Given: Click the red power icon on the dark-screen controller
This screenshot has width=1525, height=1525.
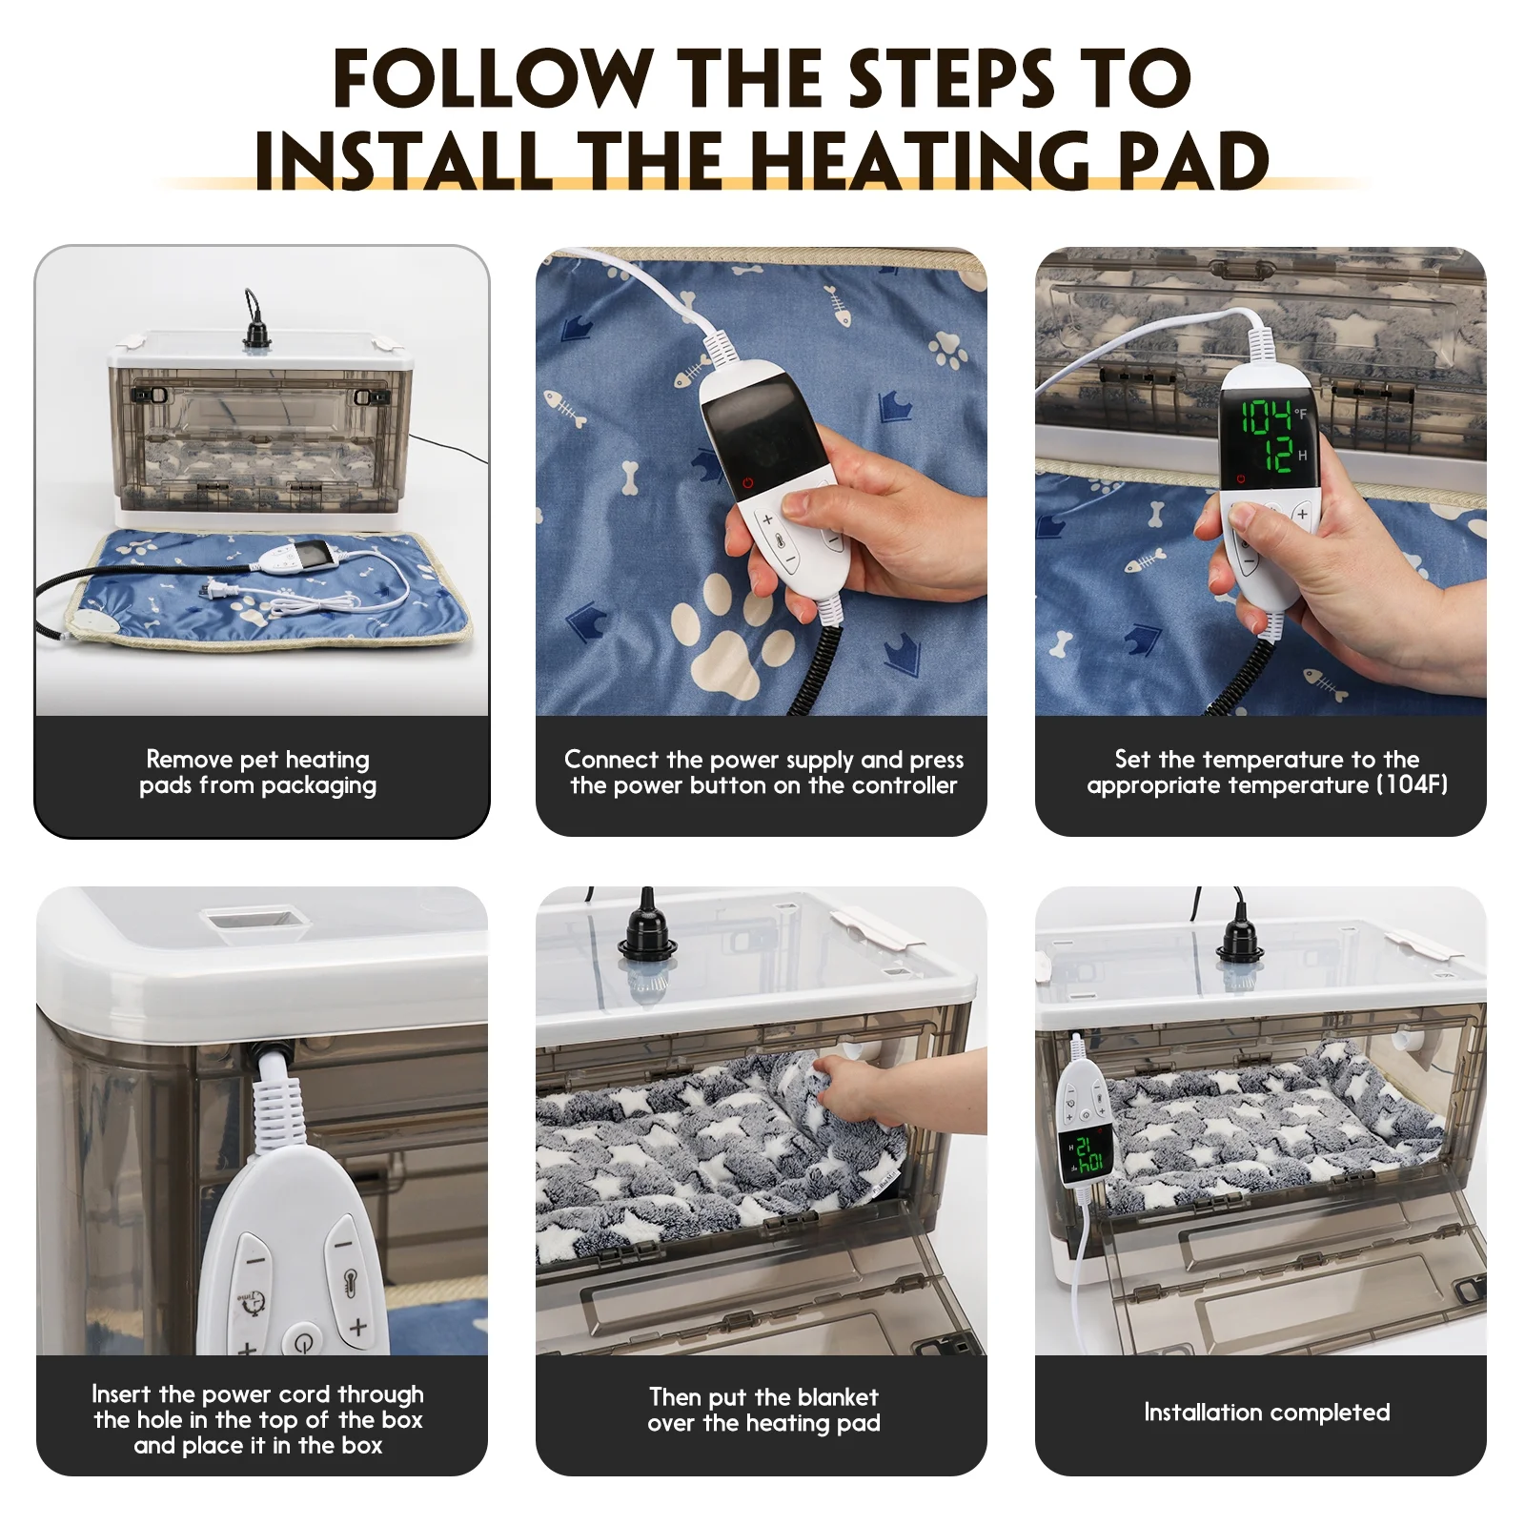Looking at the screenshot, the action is tap(747, 483).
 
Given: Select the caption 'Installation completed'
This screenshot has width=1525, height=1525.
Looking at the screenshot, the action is tap(1267, 1412).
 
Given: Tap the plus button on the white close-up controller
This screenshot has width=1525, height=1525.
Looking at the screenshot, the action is tap(357, 1326).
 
